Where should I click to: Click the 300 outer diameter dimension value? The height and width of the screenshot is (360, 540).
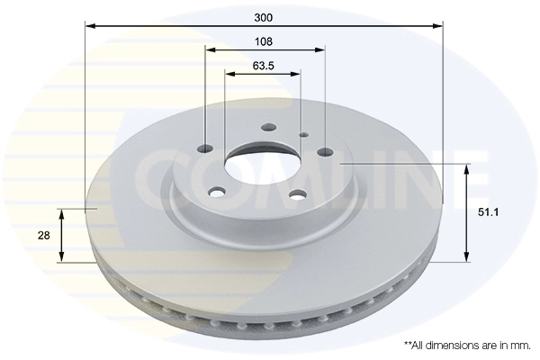pos(263,17)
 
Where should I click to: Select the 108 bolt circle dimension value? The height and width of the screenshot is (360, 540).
pos(264,41)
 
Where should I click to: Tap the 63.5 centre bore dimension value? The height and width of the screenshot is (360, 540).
pos(263,66)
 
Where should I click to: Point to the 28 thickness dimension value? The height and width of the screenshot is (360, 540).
pos(43,235)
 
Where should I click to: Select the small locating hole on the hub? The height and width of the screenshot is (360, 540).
pos(303,135)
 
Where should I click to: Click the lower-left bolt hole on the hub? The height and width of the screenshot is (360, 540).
pos(216,191)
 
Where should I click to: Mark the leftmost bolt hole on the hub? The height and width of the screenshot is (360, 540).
pos(204,148)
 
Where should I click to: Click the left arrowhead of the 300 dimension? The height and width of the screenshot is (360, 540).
pos(88,25)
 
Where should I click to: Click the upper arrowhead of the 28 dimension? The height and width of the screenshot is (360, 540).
pos(62,212)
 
